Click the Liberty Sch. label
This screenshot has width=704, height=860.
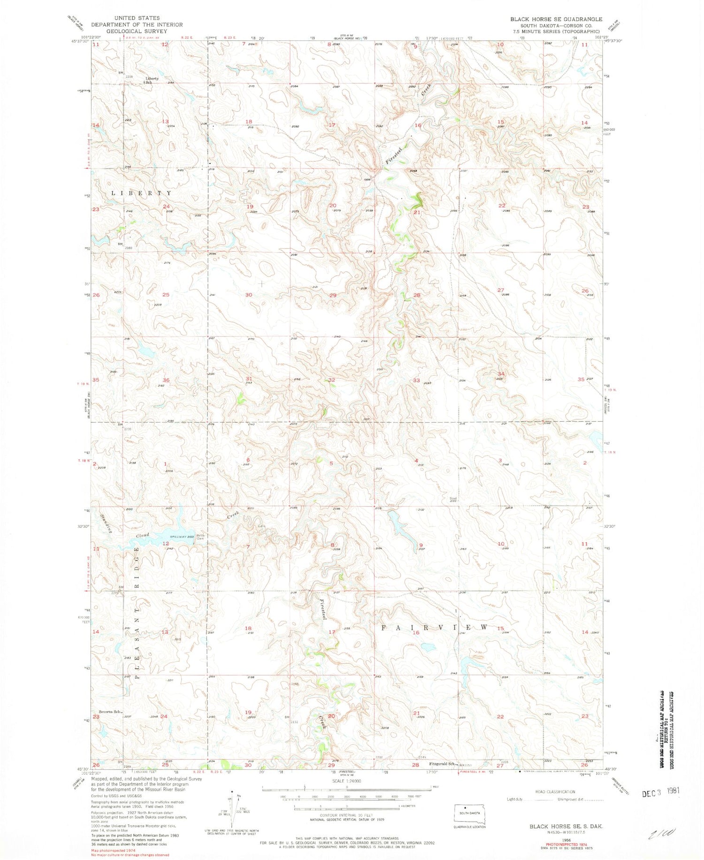click(x=151, y=80)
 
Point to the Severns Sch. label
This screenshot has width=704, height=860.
click(x=111, y=712)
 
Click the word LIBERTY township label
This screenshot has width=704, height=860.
click(x=141, y=193)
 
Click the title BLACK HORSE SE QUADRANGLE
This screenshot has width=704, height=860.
click(x=556, y=19)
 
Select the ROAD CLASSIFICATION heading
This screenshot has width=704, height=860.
click(x=555, y=791)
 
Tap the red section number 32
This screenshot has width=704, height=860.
click(x=331, y=380)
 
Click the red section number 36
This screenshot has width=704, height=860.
click(x=166, y=380)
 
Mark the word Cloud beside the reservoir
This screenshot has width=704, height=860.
click(x=143, y=536)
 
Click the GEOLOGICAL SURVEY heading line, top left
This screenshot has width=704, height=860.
click(x=137, y=31)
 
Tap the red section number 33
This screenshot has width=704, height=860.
click(x=416, y=380)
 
